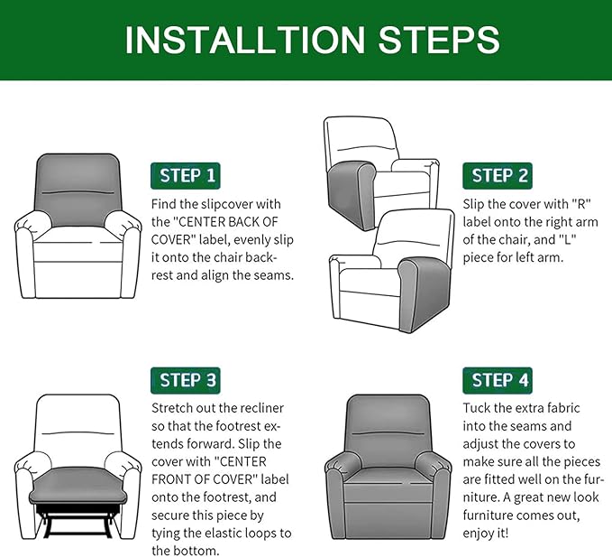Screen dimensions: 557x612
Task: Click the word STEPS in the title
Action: pos(436,40)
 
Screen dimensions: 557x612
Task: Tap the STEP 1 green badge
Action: pos(187,175)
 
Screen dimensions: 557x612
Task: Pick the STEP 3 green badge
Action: pos(187,380)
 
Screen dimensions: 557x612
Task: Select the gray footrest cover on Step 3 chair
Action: pos(77,490)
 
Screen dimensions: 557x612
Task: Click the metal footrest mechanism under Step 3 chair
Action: pos(78,523)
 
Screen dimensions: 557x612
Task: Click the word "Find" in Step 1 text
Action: pos(166,204)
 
